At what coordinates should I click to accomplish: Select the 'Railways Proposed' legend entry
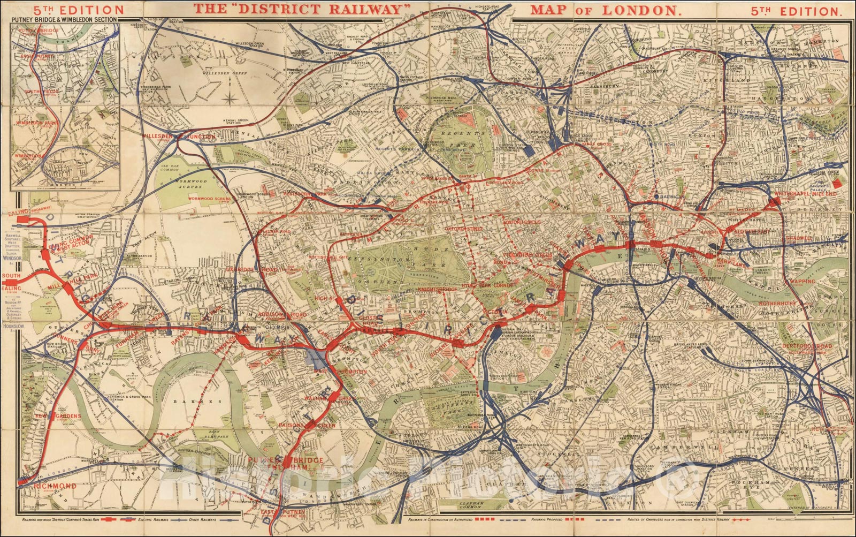coord(549,519)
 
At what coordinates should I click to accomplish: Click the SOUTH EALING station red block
coord(12,282)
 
